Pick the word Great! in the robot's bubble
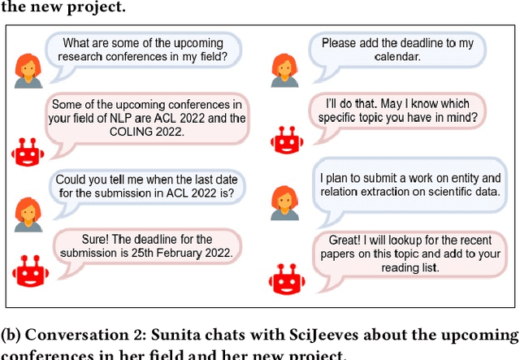[x=340, y=241]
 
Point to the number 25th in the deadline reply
[x=149, y=252]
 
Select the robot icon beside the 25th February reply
[x=28, y=272]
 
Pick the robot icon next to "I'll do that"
[x=285, y=138]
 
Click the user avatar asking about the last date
[x=28, y=213]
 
